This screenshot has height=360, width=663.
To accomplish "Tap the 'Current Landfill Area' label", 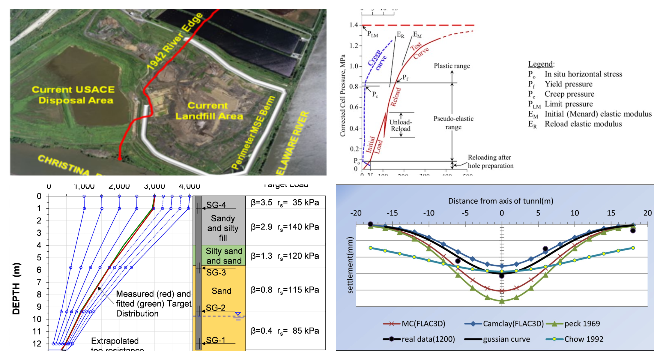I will click(209, 111).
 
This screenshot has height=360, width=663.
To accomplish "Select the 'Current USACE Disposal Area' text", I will click(73, 95).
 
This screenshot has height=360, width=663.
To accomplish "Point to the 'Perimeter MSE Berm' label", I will click(253, 132).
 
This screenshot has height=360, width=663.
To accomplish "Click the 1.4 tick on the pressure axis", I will click(354, 25).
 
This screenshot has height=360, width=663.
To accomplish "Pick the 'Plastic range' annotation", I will click(452, 66).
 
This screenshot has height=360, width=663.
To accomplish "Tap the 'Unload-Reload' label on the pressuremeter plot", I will click(401, 125).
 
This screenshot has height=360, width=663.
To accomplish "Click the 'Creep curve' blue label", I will click(377, 60).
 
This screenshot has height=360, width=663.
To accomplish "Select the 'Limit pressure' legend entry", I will click(569, 104).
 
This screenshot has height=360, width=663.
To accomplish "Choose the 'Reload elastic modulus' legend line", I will click(583, 124).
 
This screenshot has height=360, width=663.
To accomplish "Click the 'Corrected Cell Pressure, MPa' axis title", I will click(342, 95).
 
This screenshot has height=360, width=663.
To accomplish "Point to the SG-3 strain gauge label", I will click(216, 272).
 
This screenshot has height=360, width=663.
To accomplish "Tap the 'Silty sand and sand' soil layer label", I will click(224, 256).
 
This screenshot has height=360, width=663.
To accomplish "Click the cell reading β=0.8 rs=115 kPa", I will click(285, 290).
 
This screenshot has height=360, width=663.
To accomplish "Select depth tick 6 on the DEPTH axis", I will click(39, 270).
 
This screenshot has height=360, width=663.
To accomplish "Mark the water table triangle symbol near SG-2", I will click(238, 315).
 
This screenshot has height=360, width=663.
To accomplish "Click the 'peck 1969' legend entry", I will click(582, 324).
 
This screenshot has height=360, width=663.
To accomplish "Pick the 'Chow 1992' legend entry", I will click(584, 339).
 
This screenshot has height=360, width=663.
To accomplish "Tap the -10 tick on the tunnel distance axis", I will click(429, 213).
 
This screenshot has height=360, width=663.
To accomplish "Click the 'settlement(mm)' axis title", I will click(350, 265).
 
